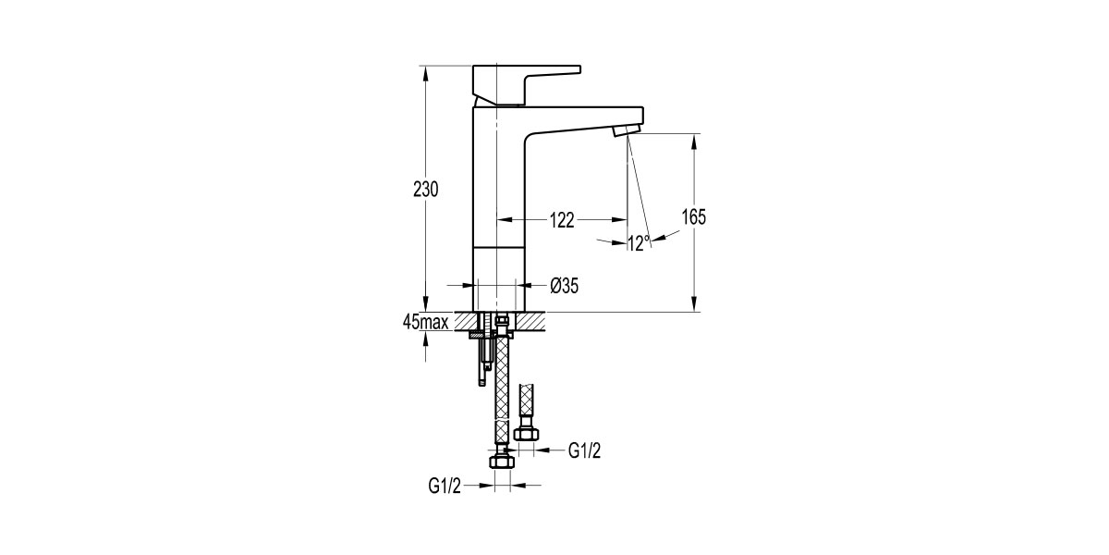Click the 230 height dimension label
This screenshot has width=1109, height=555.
click(x=425, y=189)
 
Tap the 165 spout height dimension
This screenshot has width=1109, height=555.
click(x=694, y=217)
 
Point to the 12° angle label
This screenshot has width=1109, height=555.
click(x=639, y=243)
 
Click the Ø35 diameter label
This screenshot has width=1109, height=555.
click(x=564, y=286)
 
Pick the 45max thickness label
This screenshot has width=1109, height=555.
click(x=426, y=322)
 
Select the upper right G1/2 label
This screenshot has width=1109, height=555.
click(x=585, y=450)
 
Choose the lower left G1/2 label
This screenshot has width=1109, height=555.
click(x=445, y=485)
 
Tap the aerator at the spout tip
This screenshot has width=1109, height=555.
click(x=626, y=129)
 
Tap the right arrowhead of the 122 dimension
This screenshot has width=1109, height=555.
click(x=623, y=219)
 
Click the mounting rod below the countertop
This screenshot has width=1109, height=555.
click(x=482, y=361)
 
